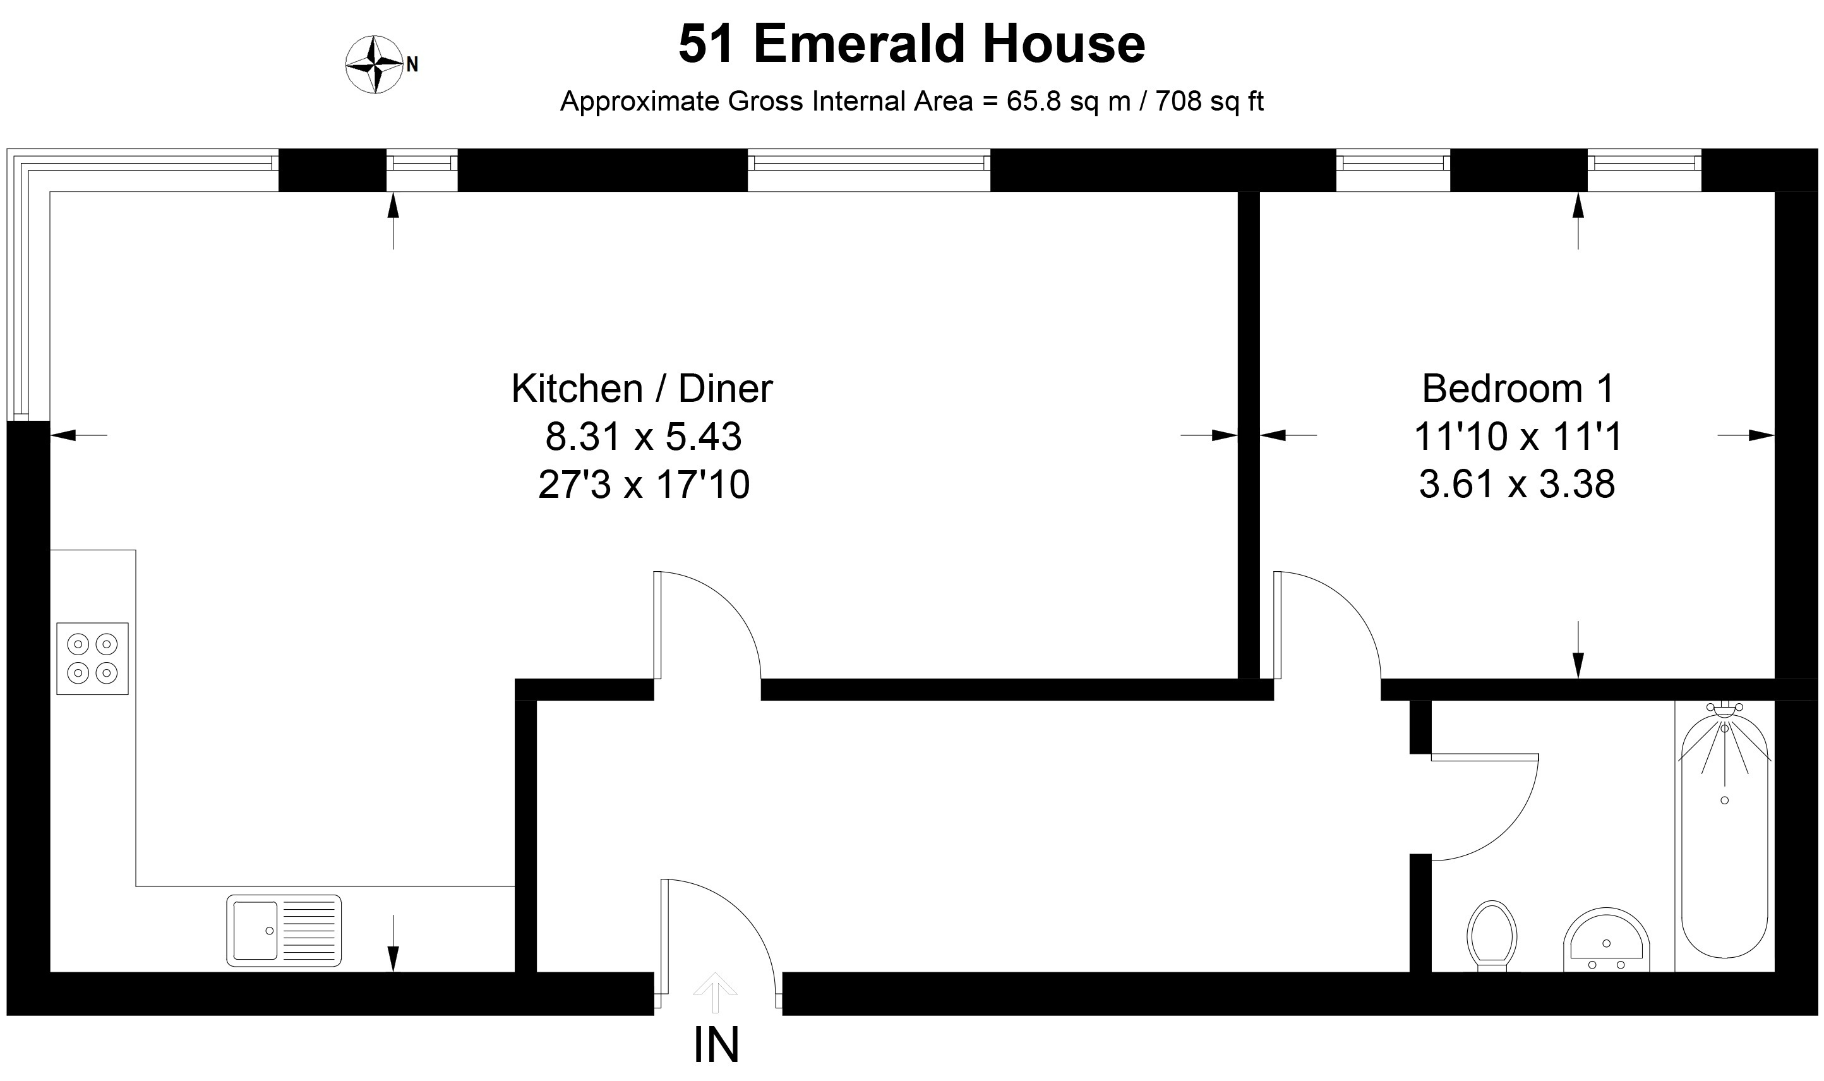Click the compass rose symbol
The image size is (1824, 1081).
pos(375,65)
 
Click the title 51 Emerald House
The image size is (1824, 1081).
pos(911,44)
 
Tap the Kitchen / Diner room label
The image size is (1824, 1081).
pos(642,389)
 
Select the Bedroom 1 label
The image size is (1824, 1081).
pos(1518,389)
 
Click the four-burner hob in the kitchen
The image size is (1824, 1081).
pos(92,658)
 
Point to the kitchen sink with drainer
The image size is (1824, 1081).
pos(284,931)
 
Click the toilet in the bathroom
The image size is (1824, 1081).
pos(1492,937)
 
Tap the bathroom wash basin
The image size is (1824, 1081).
pos(1606,940)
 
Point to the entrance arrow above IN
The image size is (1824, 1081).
pos(715,992)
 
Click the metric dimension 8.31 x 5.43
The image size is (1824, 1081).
pos(644,437)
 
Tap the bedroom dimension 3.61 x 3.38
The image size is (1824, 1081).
pos(1518,485)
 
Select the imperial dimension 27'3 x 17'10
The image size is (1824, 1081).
pos(644,485)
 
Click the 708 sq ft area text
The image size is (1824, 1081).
pos(1209,101)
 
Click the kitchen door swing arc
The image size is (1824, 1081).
pos(730,603)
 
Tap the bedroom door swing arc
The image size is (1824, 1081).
pos(1350,603)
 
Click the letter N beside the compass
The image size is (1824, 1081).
pos(412,65)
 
